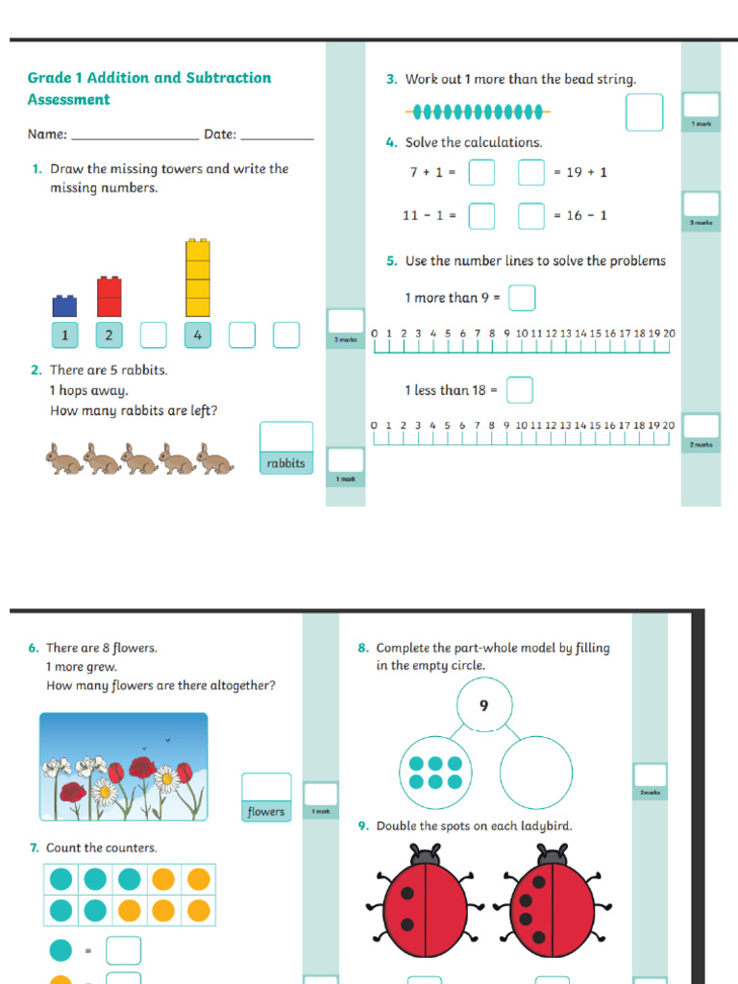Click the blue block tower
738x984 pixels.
(x=64, y=306)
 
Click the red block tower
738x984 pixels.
(x=110, y=296)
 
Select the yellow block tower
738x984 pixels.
(x=198, y=278)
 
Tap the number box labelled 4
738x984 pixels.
(x=198, y=335)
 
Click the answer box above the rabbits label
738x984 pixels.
(x=286, y=436)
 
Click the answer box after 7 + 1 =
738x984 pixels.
(x=481, y=173)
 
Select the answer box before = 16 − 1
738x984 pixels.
(x=531, y=216)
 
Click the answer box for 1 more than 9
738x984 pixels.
(x=522, y=298)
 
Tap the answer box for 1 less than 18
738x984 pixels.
(x=519, y=390)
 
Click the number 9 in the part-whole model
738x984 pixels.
(x=483, y=705)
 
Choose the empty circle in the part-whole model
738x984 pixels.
(x=536, y=772)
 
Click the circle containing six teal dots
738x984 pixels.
(x=435, y=772)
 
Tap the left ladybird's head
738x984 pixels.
(x=425, y=853)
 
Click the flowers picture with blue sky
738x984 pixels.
(x=123, y=766)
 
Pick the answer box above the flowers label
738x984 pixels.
(x=266, y=787)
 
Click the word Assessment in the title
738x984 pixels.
(x=68, y=100)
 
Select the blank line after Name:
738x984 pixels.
(x=135, y=135)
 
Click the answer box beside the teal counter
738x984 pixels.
(x=123, y=950)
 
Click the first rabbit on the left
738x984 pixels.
(x=64, y=459)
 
